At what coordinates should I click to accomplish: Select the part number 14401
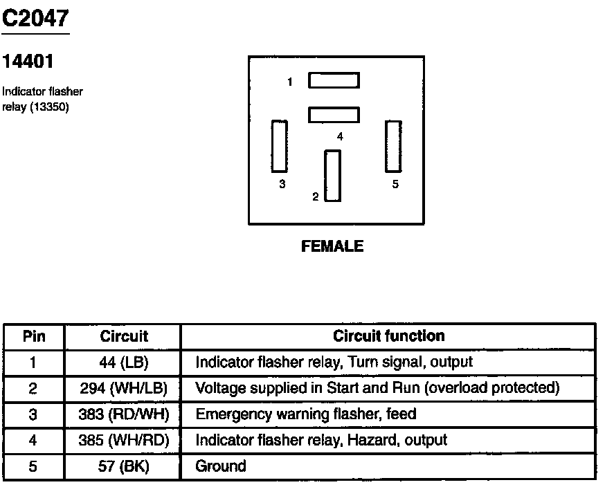(x=28, y=62)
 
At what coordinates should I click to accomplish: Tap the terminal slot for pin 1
(x=334, y=80)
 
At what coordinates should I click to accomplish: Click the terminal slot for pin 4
(x=334, y=114)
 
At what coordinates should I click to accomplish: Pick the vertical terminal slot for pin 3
(x=280, y=146)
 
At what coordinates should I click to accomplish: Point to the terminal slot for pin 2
(x=333, y=176)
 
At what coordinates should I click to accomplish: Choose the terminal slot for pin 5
(x=393, y=146)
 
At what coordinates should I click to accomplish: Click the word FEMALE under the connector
(x=332, y=246)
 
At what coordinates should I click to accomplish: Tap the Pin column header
(x=34, y=336)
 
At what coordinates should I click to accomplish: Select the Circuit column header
(x=124, y=336)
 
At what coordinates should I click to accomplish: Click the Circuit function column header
(x=388, y=336)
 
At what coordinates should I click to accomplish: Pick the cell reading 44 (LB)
(x=124, y=362)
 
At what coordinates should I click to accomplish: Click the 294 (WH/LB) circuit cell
(x=124, y=388)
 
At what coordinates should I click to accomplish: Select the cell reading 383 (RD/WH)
(x=124, y=414)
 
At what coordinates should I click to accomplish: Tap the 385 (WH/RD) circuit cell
(x=124, y=440)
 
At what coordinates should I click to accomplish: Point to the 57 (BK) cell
(x=124, y=466)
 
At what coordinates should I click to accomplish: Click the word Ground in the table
(x=221, y=466)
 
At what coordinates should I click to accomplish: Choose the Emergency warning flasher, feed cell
(x=306, y=414)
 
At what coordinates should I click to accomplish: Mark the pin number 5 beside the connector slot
(x=395, y=185)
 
